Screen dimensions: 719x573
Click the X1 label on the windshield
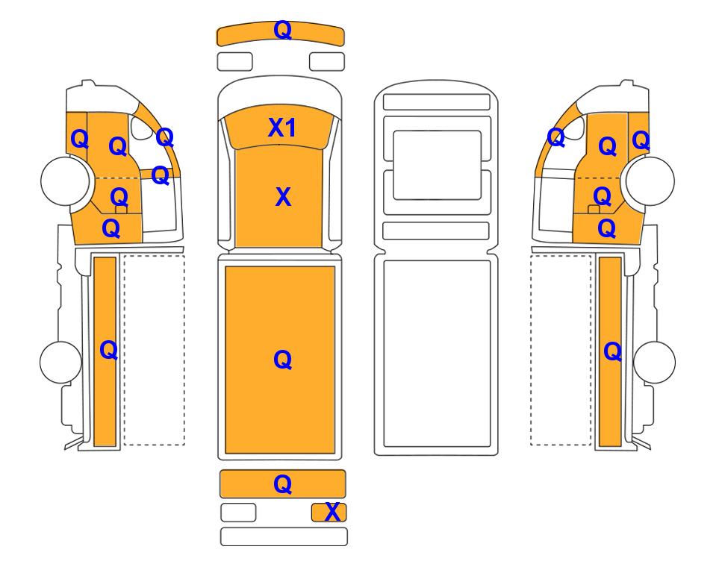[x=282, y=128]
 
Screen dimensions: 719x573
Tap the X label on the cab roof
[x=284, y=197]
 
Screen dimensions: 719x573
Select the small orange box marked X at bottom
[x=329, y=513]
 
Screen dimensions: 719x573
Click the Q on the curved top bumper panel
[x=283, y=31]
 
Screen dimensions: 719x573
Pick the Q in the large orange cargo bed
[x=283, y=360]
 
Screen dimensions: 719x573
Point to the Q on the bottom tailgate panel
[x=283, y=484]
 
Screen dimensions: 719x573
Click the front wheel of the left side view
[x=65, y=181]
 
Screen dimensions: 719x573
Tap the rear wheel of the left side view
[x=61, y=362]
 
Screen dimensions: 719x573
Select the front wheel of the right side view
[x=650, y=181]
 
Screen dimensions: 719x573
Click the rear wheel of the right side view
[x=654, y=362]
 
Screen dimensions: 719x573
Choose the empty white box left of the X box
[x=238, y=513]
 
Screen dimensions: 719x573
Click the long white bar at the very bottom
[x=284, y=536]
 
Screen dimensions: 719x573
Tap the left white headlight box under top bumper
[x=234, y=62]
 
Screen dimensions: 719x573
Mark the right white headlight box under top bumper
[x=327, y=62]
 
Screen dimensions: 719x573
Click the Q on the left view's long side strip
[x=109, y=351]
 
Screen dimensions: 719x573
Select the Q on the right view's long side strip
[x=613, y=352]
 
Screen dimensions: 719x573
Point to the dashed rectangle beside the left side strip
[x=155, y=350]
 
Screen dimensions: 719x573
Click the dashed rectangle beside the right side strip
[x=561, y=350]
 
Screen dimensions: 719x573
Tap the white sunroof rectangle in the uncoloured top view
[x=437, y=165]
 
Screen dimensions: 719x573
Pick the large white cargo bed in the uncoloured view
[x=437, y=354]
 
